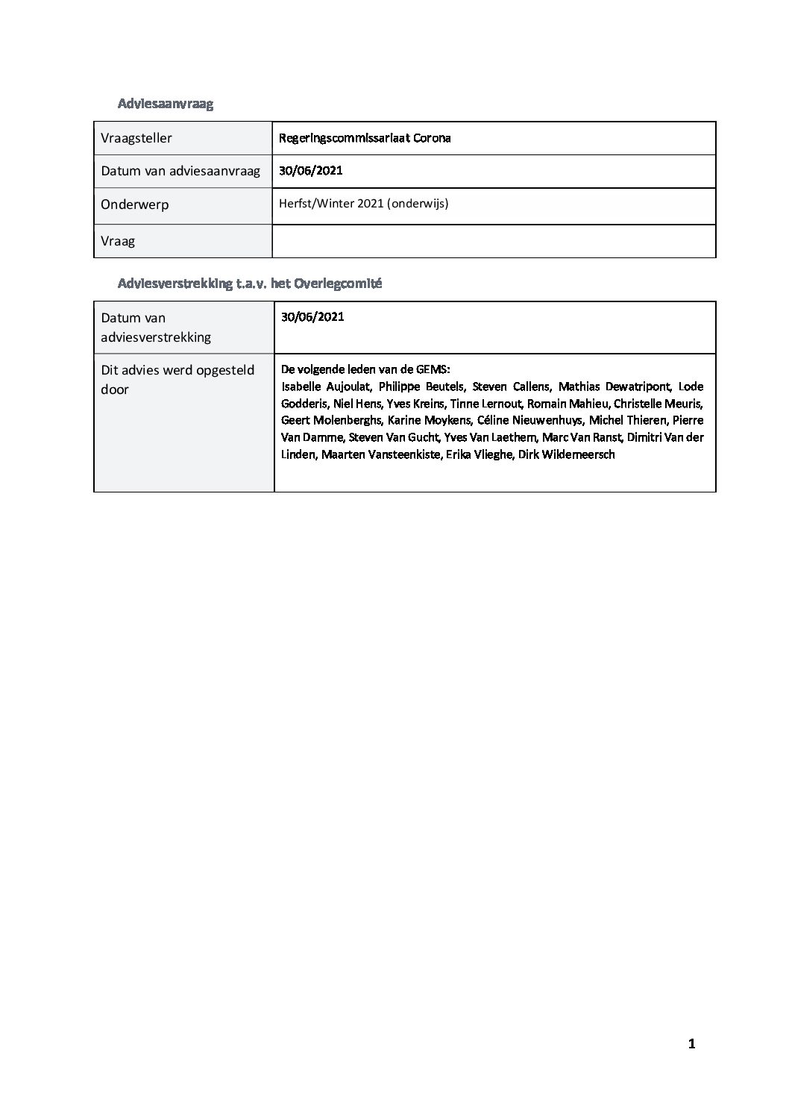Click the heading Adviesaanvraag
(165, 104)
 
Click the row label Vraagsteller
(136, 138)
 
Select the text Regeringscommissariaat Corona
(365, 138)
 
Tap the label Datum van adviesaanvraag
(180, 171)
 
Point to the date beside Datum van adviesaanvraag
(311, 170)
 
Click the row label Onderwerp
(135, 204)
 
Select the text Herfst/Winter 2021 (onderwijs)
(363, 203)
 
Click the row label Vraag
(118, 241)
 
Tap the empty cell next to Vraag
(494, 241)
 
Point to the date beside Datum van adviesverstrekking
(312, 316)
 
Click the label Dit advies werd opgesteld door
(177, 380)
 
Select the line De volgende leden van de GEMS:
(365, 369)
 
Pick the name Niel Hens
(361, 404)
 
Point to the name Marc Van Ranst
(581, 437)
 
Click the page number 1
(691, 1044)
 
